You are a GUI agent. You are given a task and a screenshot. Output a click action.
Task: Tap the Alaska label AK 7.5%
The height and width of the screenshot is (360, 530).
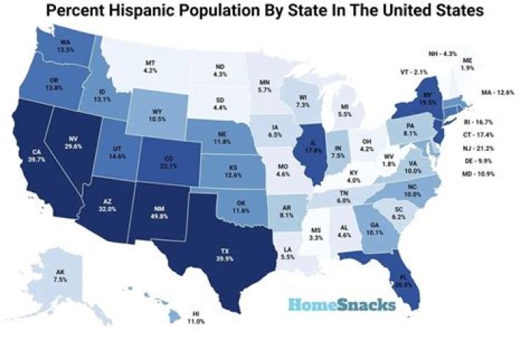click(60, 276)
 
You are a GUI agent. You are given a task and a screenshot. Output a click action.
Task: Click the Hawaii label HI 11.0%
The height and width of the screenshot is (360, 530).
click(196, 317)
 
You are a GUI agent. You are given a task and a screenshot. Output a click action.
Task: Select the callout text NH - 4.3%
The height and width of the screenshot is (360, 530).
click(442, 54)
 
